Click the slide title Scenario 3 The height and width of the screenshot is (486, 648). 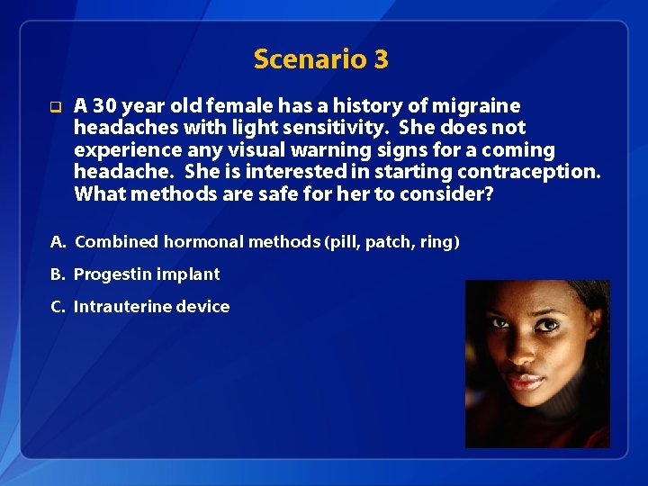320,59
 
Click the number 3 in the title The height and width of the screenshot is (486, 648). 381,59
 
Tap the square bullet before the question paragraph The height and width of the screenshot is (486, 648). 55,107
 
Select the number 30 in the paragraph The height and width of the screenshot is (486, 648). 103,106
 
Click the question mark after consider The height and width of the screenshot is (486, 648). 489,193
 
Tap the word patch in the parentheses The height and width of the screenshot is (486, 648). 391,241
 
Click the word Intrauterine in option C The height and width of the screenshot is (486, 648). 122,306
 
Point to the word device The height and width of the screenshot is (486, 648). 202,306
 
